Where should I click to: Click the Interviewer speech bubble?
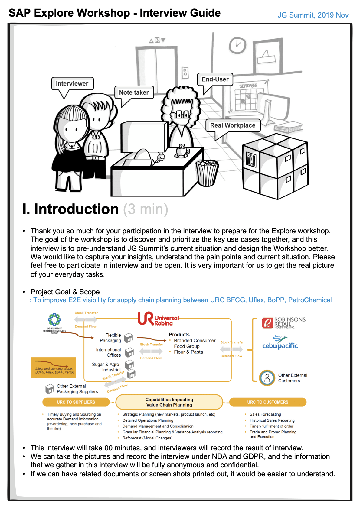(72, 83)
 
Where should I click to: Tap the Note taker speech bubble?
(134, 92)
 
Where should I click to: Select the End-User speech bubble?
(215, 79)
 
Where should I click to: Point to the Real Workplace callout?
(233, 125)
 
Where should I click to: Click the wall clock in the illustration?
(237, 45)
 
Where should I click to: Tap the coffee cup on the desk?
(182, 150)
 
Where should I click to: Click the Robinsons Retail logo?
(284, 323)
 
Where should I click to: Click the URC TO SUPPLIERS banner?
(76, 402)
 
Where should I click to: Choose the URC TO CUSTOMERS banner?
(268, 402)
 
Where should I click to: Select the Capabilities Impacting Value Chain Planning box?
(169, 402)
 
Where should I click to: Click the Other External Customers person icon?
(267, 378)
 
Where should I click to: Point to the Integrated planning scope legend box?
(54, 368)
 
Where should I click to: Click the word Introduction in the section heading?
(76, 209)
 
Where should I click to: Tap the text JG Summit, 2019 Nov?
(313, 15)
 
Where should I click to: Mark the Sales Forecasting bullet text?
(265, 414)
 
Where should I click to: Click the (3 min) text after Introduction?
(146, 209)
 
